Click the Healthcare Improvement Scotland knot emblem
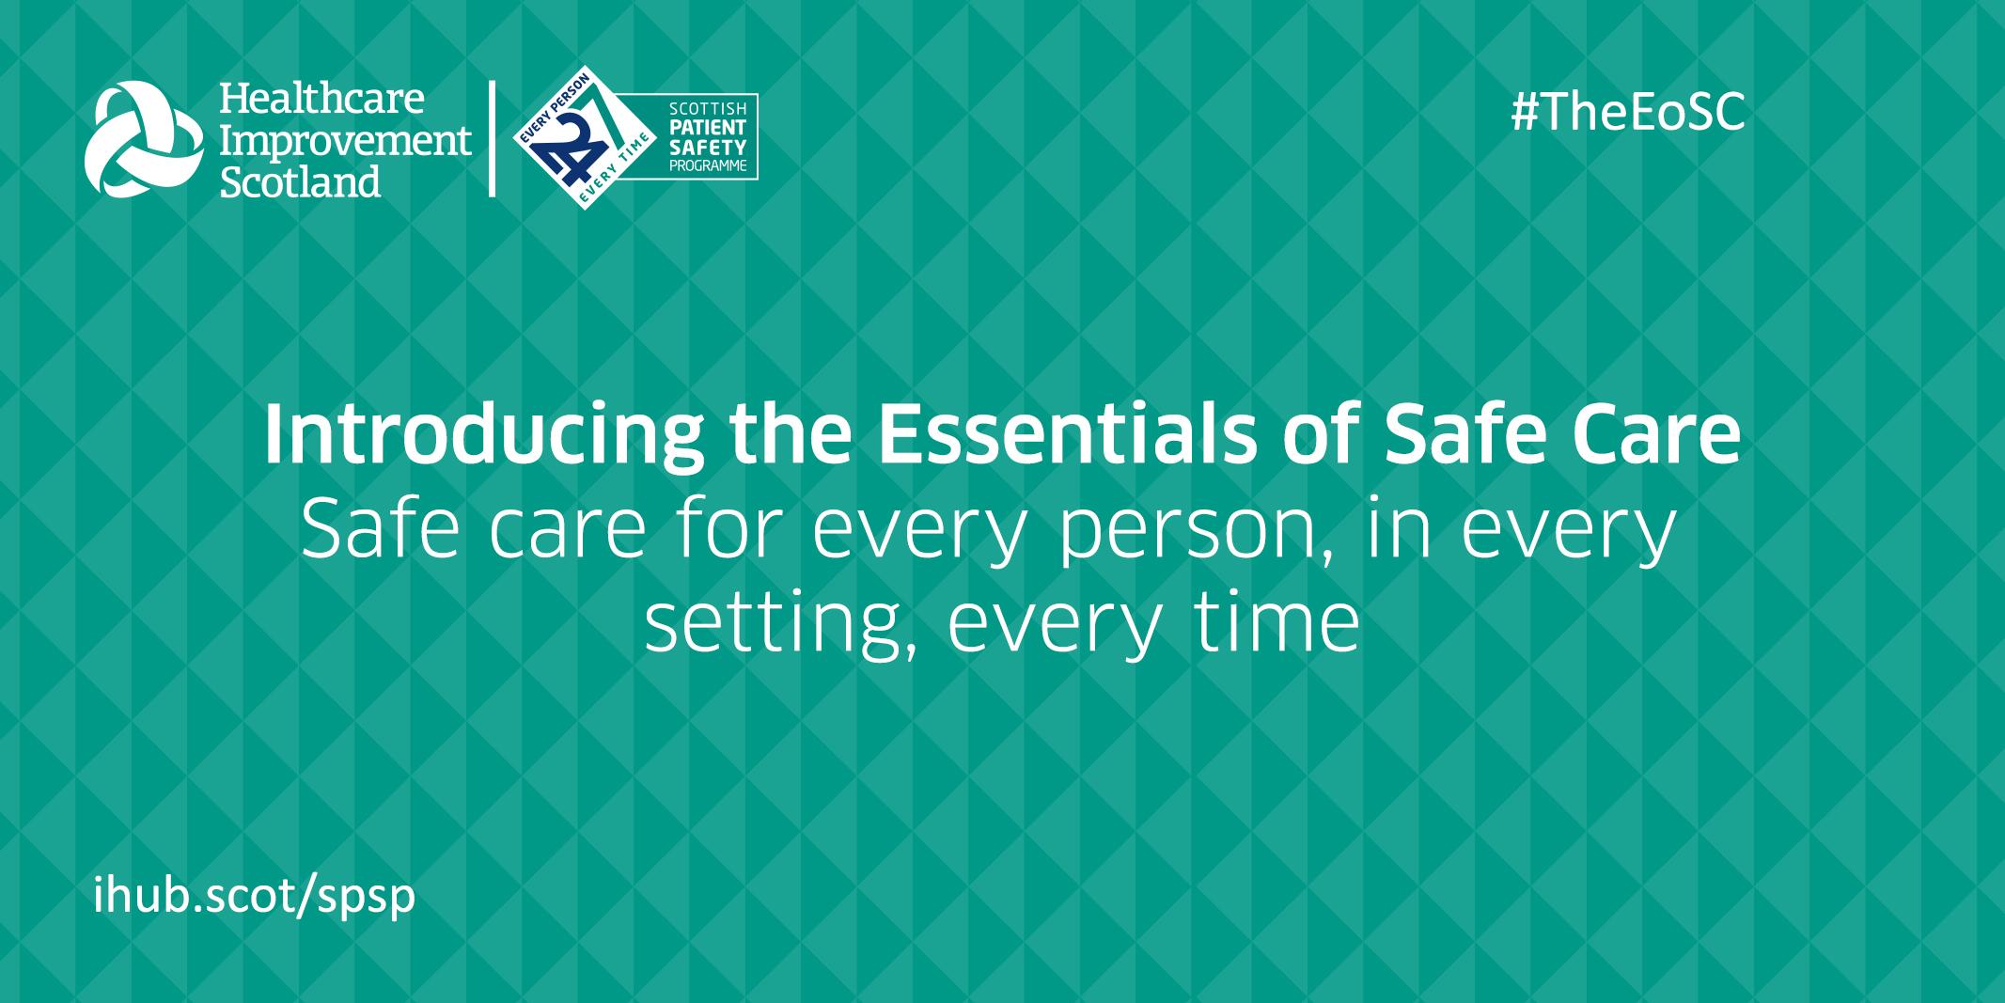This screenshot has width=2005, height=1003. (x=143, y=139)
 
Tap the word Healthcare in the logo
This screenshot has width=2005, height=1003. (x=321, y=99)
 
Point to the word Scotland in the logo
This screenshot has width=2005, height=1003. (x=300, y=181)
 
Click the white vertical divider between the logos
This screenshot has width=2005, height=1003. (x=492, y=139)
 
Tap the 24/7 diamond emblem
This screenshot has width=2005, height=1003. (x=585, y=138)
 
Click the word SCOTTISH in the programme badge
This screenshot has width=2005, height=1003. (x=708, y=109)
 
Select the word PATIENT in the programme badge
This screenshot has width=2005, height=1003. (x=708, y=128)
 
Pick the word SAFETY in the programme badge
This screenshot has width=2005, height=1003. (x=708, y=148)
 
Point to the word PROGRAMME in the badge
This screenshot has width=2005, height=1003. (x=708, y=166)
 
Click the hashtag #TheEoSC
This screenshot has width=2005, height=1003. (x=1628, y=112)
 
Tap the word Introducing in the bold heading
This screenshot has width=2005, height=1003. (x=484, y=435)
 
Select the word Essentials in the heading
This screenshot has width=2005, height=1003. (x=1067, y=433)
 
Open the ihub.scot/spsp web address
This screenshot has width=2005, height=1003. (x=254, y=895)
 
